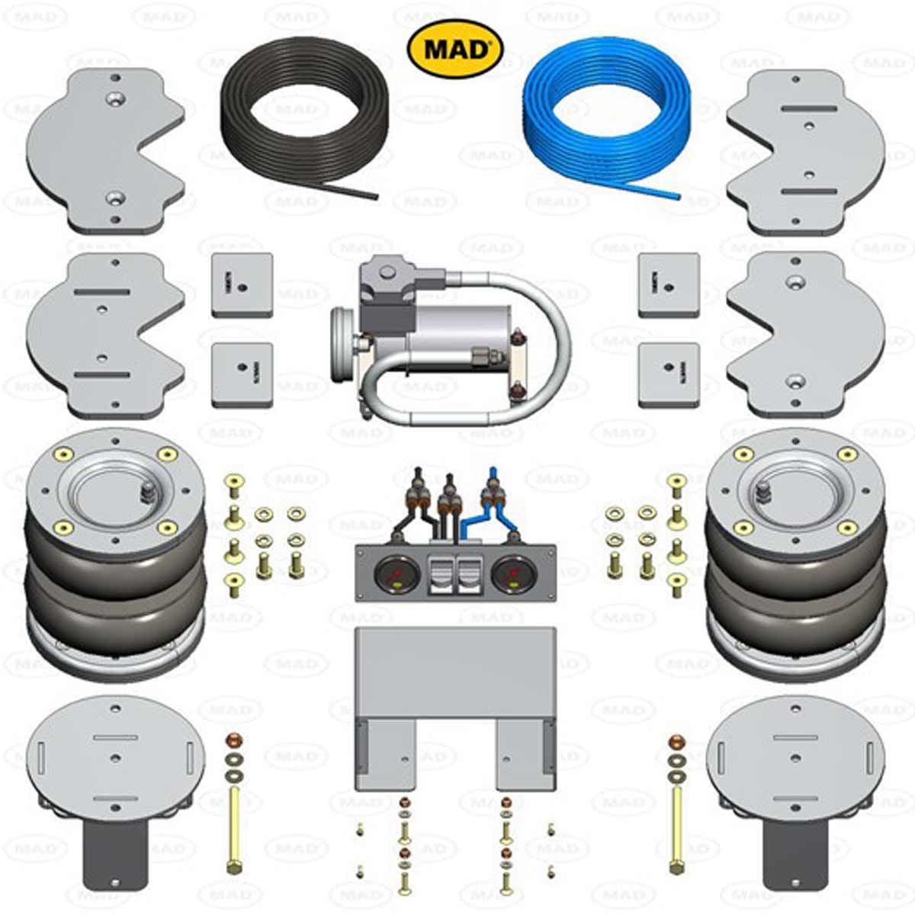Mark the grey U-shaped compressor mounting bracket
tap(455, 701)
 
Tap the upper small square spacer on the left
tap(242, 284)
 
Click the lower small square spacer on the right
tap(669, 375)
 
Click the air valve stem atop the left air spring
tap(146, 492)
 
